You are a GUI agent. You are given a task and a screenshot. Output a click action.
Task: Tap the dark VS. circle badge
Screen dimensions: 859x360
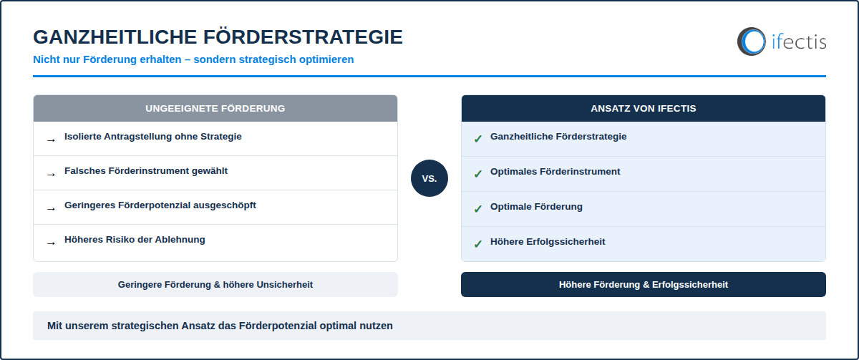pyautogui.click(x=429, y=178)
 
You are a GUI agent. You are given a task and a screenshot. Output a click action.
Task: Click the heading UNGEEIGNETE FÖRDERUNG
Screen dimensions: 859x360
pyautogui.click(x=215, y=109)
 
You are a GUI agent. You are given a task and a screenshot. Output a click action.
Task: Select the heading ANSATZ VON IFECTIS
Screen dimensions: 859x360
pyautogui.click(x=643, y=109)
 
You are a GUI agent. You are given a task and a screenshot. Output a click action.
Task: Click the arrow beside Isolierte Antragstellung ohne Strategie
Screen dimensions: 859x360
pyautogui.click(x=51, y=140)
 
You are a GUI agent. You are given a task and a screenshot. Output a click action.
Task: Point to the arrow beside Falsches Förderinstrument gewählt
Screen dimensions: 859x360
pyautogui.click(x=51, y=175)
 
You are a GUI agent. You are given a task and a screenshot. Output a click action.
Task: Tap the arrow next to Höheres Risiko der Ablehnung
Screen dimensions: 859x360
pyautogui.click(x=51, y=243)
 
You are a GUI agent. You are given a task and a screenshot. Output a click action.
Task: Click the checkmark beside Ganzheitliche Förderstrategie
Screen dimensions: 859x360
pyautogui.click(x=478, y=139)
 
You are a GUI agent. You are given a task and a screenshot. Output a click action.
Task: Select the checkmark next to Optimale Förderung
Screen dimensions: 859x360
pyautogui.click(x=478, y=209)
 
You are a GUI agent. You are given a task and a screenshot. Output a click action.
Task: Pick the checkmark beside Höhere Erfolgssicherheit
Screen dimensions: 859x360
pyautogui.click(x=478, y=244)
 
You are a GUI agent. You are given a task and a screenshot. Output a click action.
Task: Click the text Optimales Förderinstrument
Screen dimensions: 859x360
pyautogui.click(x=555, y=171)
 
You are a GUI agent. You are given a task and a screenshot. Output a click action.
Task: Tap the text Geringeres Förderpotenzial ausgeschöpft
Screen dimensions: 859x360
pyautogui.click(x=160, y=205)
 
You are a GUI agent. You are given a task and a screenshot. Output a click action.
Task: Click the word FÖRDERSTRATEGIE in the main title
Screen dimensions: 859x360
pyautogui.click(x=303, y=37)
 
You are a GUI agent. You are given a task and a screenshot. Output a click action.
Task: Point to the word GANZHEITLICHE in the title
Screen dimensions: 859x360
pyautogui.click(x=115, y=37)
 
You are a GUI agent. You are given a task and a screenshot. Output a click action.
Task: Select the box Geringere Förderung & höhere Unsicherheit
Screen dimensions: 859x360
pyautogui.click(x=215, y=284)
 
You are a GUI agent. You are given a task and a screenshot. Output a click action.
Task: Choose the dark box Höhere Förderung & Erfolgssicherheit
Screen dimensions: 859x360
pyautogui.click(x=643, y=284)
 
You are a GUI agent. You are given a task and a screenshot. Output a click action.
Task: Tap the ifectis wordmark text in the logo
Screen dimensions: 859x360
pyautogui.click(x=799, y=42)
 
